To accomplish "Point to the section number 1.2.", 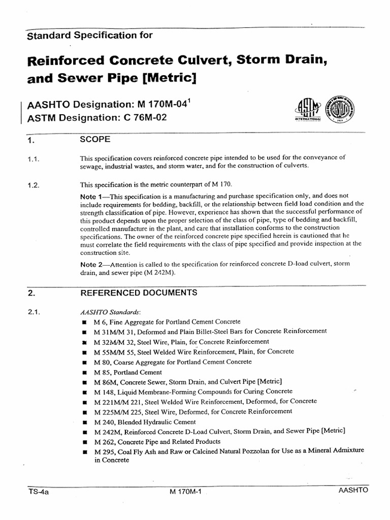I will pos(34,185).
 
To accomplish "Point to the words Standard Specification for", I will pos(89,35).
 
